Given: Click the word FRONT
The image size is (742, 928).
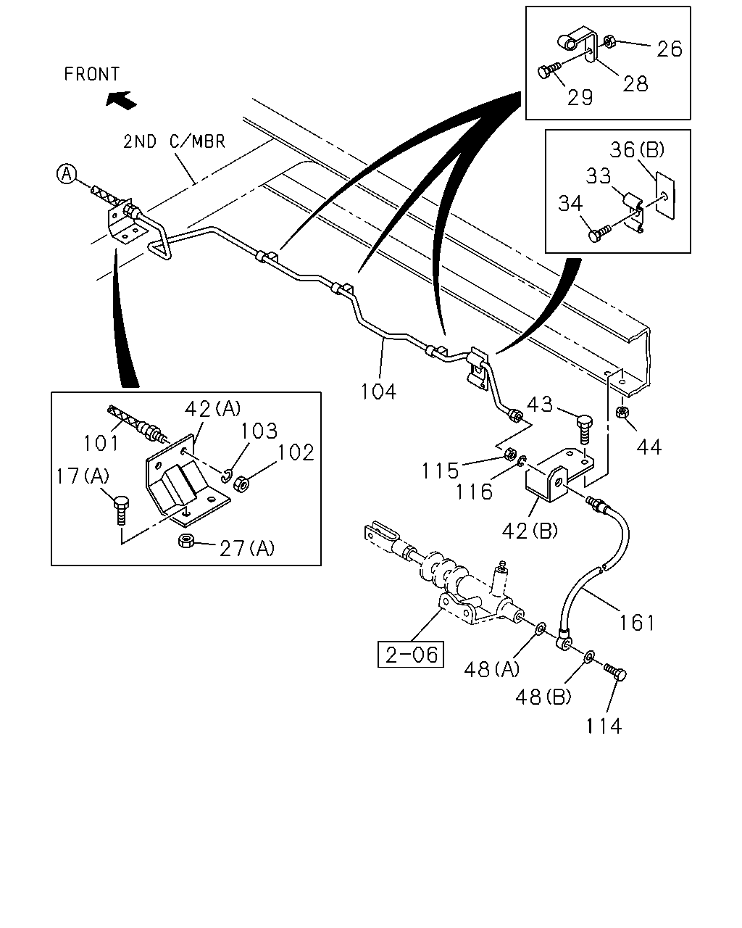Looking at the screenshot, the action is point(91,74).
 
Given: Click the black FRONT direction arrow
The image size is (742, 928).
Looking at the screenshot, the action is point(121,100).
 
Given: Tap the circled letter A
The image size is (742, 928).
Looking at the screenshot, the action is point(67,174).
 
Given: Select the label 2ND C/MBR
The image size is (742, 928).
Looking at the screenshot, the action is point(174,142).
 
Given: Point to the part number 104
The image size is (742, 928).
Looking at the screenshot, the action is point(378,392).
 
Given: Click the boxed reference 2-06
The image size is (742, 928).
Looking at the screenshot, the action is point(411,655).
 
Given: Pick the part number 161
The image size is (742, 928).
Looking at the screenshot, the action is point(637,623).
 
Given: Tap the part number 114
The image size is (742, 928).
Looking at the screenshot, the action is point(604,726).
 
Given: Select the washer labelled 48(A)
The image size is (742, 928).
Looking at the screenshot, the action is point(541,629).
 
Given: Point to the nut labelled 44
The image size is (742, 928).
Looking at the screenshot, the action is point(622,412).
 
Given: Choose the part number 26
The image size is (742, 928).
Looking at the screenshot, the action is point(670,49).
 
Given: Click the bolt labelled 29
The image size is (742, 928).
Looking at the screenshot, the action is point(549,70).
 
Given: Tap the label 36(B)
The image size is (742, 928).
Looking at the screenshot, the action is point(637,149).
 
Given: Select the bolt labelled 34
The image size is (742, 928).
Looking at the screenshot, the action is point(600,233).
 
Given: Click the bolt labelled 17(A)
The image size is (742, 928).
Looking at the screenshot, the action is point(122,510).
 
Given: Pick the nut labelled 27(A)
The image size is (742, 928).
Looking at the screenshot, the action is point(185,540).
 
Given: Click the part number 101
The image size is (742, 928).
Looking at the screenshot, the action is point(101,443).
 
